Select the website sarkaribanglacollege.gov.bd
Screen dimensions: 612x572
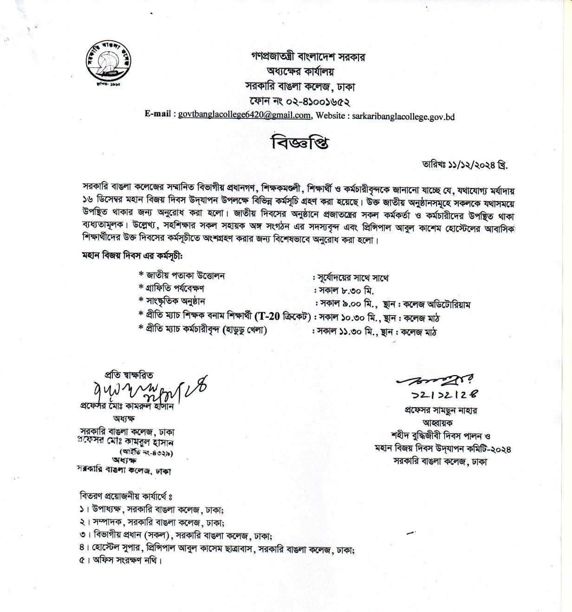coord(403,116)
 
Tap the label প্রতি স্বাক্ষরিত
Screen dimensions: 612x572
coord(129,375)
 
